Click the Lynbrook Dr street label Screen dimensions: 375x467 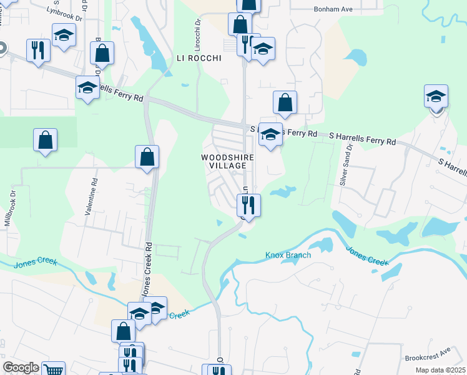pyautogui.click(x=64, y=14)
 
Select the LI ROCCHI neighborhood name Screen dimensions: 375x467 pyautogui.click(x=199, y=58)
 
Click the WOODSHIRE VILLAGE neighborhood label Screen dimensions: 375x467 pyautogui.click(x=228, y=161)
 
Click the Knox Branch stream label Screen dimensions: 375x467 pyautogui.click(x=288, y=255)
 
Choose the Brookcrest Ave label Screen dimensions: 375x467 pyautogui.click(x=427, y=355)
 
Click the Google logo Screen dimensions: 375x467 pyautogui.click(x=21, y=367)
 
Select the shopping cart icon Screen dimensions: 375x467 pyautogui.click(x=54, y=370)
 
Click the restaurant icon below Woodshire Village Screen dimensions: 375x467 pyautogui.click(x=248, y=204)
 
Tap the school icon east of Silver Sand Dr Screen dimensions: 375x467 pyautogui.click(x=436, y=97)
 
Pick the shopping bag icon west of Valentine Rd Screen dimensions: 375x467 pyautogui.click(x=45, y=141)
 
